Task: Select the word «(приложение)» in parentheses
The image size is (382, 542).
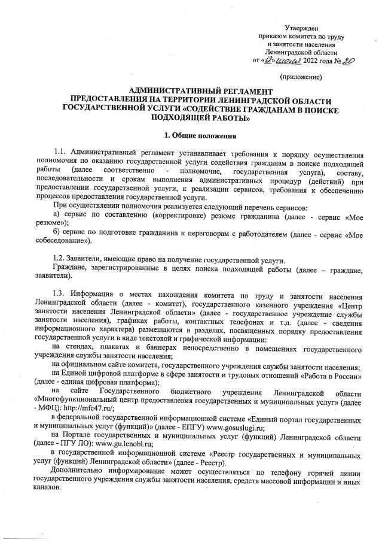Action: pyautogui.click(x=301, y=78)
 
